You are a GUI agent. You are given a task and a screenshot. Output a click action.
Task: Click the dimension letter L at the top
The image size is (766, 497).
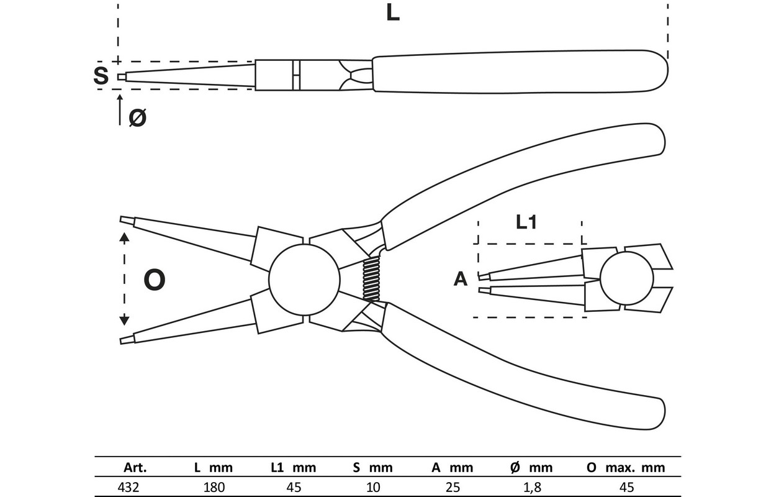[x=392, y=14]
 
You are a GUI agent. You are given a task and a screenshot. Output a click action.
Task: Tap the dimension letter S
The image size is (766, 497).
[x=100, y=76]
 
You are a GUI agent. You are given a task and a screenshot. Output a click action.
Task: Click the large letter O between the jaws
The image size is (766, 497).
[x=155, y=281]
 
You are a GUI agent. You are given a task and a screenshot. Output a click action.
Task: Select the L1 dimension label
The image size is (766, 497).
[x=526, y=223]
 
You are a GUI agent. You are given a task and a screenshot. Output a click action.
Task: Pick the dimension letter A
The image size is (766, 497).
[x=460, y=280]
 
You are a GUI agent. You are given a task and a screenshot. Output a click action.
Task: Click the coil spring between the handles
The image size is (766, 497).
[x=372, y=280]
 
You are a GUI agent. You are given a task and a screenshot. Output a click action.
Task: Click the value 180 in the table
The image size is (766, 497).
[x=214, y=487]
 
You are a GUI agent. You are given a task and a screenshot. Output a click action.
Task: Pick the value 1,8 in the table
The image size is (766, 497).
[x=533, y=487]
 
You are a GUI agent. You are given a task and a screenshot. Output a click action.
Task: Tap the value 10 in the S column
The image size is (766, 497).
[x=372, y=487]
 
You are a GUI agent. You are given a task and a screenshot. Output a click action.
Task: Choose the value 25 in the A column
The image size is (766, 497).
[x=453, y=487]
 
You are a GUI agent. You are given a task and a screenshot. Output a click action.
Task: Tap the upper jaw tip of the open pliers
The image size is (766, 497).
[x=125, y=221]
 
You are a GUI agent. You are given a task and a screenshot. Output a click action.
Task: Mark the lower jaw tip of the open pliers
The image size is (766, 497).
[x=125, y=339]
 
